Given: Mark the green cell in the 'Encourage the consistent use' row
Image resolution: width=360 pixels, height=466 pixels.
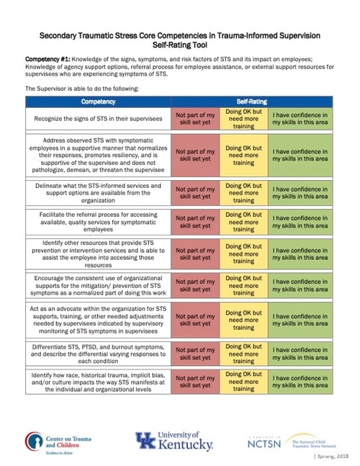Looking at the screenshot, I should (300, 286).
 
